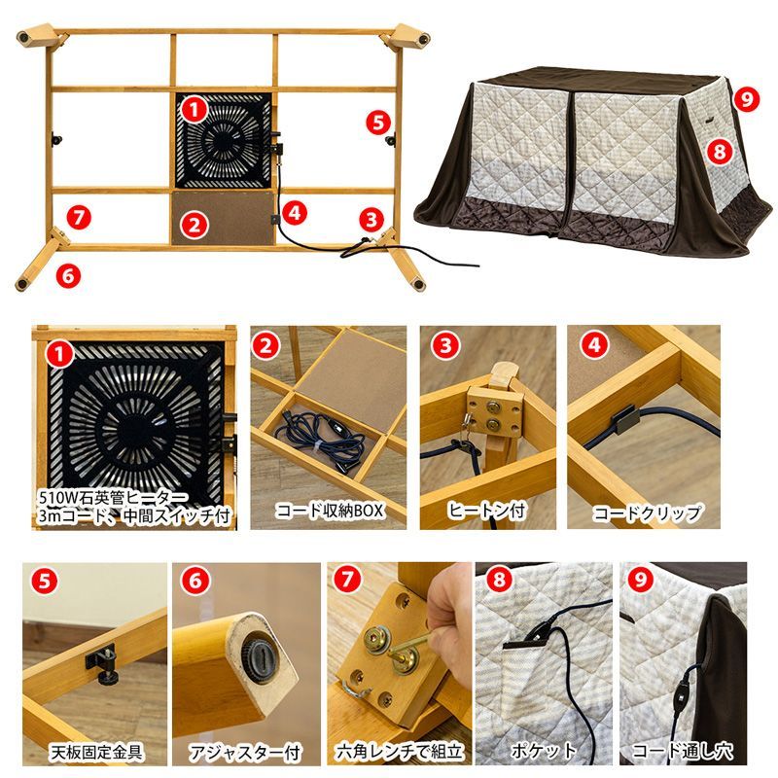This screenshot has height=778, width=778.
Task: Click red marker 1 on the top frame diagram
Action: pyautogui.click(x=195, y=109)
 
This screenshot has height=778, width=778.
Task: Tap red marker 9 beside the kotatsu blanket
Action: pyautogui.click(x=746, y=100)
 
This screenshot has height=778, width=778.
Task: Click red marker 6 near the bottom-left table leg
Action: pyautogui.click(x=66, y=274)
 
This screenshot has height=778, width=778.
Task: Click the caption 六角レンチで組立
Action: pyautogui.click(x=399, y=751)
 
